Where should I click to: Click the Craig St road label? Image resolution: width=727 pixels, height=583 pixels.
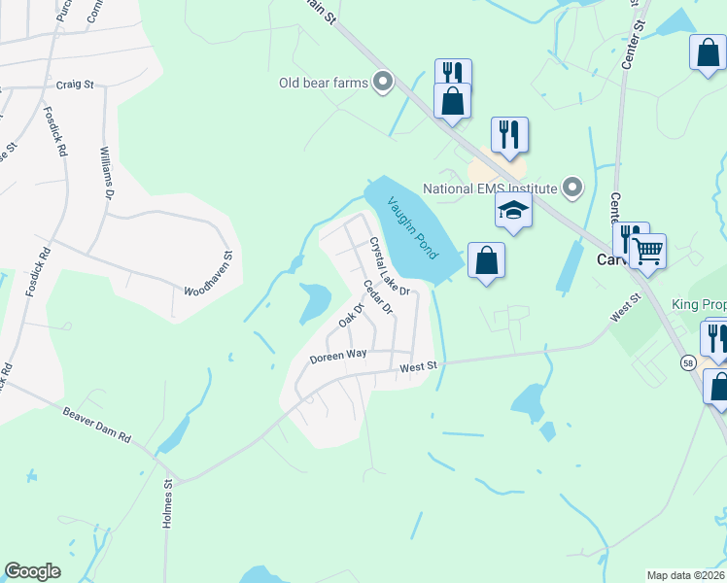[74, 85]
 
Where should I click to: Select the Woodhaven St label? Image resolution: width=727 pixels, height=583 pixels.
[209, 274]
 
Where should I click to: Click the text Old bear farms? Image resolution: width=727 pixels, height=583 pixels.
[324, 83]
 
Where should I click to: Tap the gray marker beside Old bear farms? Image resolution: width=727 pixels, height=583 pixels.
[383, 83]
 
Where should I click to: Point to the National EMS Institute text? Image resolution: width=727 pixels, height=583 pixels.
[489, 189]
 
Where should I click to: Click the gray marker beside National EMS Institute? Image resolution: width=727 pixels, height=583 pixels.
[573, 189]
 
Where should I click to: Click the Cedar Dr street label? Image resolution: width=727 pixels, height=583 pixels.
[377, 297]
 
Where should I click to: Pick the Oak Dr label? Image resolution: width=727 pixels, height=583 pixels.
[350, 316]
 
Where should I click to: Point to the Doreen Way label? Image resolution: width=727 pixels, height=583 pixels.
[338, 356]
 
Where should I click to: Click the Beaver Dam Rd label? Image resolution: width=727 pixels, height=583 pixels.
[97, 425]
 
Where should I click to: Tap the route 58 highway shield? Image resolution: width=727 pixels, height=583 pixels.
[687, 362]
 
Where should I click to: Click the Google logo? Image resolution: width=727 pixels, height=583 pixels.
[33, 571]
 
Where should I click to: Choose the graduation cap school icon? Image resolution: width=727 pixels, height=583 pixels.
[514, 209]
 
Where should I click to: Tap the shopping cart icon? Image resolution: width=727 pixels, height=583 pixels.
[647, 252]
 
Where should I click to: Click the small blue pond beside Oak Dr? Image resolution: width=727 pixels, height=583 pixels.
[315, 301]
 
